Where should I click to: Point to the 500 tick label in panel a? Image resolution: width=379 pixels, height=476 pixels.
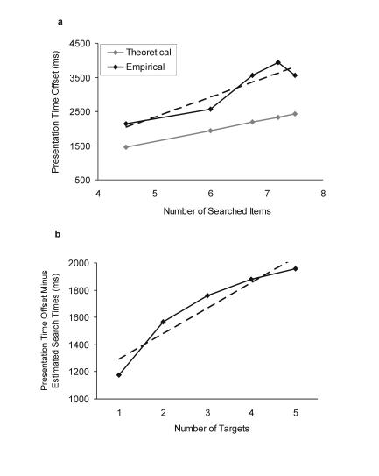[82, 181]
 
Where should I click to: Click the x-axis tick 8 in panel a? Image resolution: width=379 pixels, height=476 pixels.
[323, 192]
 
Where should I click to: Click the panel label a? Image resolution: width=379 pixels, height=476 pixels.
[60, 22]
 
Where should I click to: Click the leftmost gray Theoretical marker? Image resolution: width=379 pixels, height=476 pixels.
[126, 147]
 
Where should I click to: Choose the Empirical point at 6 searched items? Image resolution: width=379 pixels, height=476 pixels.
[211, 109]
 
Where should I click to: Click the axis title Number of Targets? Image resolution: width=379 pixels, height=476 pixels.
[210, 427]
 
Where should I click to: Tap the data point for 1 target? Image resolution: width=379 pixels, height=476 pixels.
[118, 375]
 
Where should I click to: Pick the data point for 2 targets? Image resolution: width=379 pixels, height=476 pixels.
[164, 322]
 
